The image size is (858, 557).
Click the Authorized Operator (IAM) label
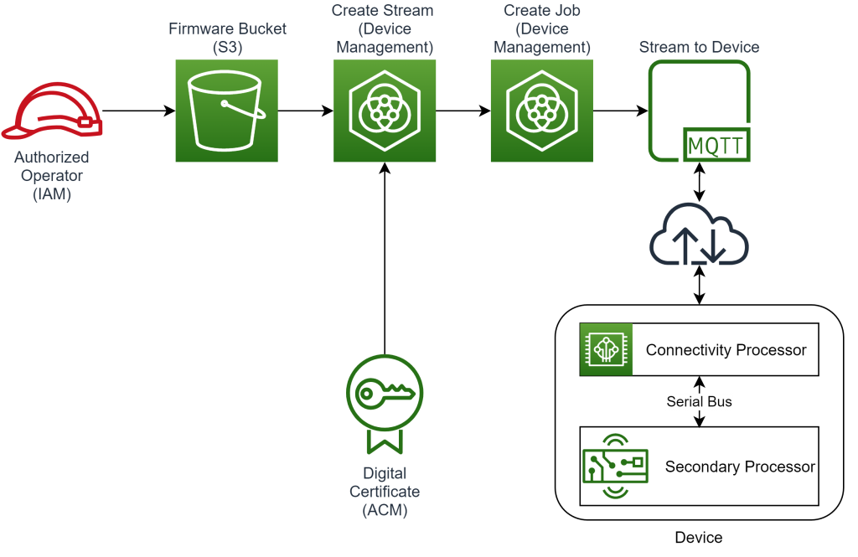pyautogui.click(x=52, y=176)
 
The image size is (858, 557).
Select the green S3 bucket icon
pyautogui.click(x=226, y=111)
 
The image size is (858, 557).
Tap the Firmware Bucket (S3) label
pyautogui.click(x=227, y=38)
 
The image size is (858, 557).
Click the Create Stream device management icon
pyautogui.click(x=385, y=111)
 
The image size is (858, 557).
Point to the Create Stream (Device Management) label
pyautogui.click(x=384, y=29)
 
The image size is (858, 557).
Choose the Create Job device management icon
pyautogui.click(x=541, y=111)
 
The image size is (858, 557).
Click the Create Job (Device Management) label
pyautogui.click(x=541, y=29)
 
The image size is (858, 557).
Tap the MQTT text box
pyautogui.click(x=715, y=147)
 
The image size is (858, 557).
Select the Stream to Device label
pyautogui.click(x=699, y=48)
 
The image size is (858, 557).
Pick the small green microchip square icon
pyautogui.click(x=606, y=349)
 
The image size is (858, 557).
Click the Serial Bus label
pyautogui.click(x=699, y=402)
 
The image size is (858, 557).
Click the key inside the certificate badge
pyautogui.click(x=384, y=393)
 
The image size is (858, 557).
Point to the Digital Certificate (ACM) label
pyautogui.click(x=385, y=492)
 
